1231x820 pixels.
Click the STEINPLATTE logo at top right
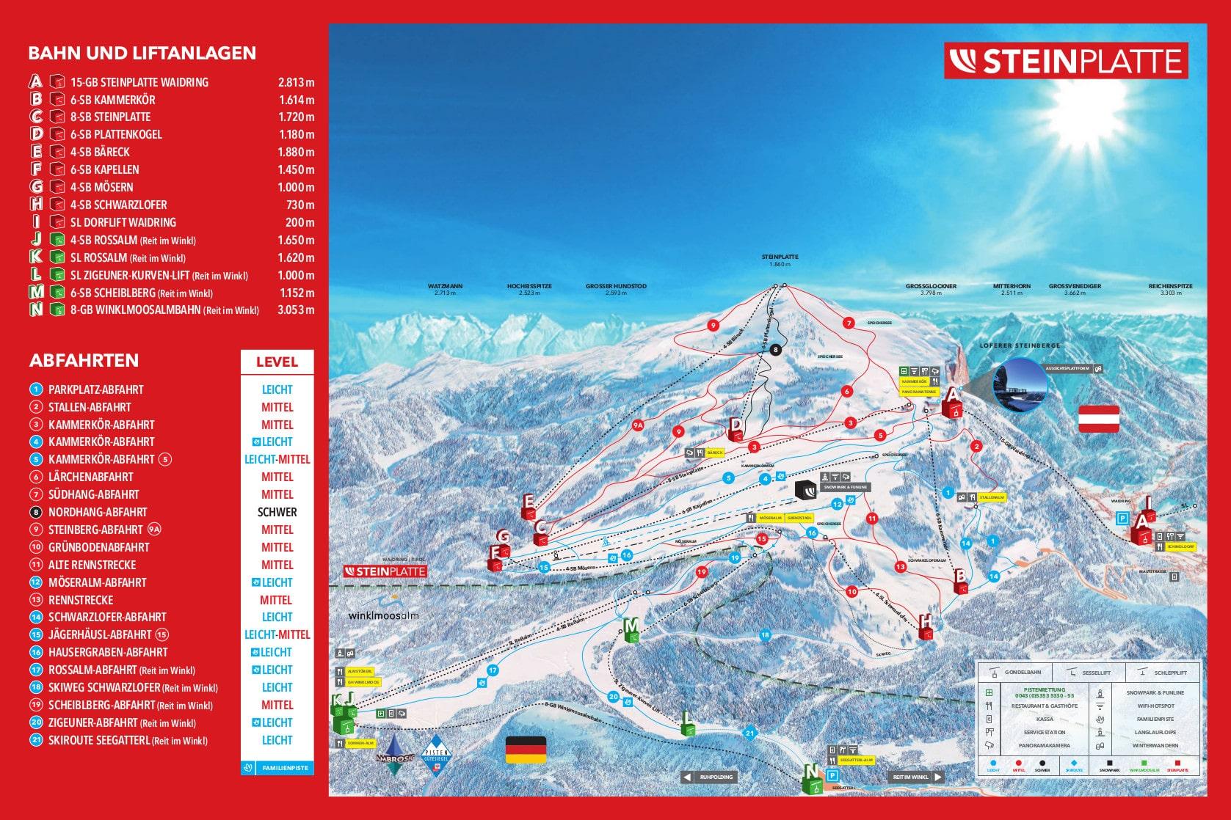(1065, 61)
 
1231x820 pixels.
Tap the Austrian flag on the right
(1098, 419)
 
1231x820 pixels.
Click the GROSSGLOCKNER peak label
(930, 286)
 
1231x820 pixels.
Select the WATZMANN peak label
(445, 286)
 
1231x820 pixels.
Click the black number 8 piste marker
(777, 350)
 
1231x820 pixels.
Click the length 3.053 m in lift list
(296, 310)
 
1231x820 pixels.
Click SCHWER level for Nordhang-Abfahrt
(277, 512)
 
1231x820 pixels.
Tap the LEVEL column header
(277, 362)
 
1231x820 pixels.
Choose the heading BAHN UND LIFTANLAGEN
(142, 53)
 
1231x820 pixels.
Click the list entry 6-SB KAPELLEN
(104, 169)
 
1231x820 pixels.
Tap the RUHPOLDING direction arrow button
(708, 777)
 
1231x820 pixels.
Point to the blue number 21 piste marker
(749, 732)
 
